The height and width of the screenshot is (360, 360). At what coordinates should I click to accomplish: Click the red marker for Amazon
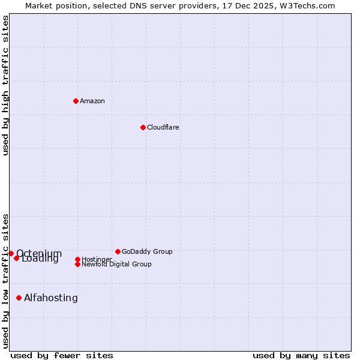pyautogui.click(x=76, y=101)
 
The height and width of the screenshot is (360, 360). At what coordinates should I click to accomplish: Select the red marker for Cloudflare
pyautogui.click(x=143, y=127)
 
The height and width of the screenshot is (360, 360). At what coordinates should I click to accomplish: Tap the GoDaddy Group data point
pyautogui.click(x=118, y=251)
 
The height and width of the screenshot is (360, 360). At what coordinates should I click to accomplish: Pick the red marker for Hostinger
pyautogui.click(x=77, y=259)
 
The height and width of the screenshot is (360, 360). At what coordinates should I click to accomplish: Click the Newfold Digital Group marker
pyautogui.click(x=77, y=264)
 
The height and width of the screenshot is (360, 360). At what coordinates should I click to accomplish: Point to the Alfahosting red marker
pyautogui.click(x=19, y=298)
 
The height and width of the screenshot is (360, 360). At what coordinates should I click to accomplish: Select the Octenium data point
pyautogui.click(x=11, y=253)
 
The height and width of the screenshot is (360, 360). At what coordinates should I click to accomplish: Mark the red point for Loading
pyautogui.click(x=17, y=258)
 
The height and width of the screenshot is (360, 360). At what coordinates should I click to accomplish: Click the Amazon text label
pyautogui.click(x=92, y=101)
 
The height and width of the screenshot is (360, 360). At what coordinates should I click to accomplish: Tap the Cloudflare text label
pyautogui.click(x=163, y=127)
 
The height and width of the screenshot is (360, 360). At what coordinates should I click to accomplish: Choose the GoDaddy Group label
pyautogui.click(x=147, y=251)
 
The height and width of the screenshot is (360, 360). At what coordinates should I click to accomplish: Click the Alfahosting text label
pyautogui.click(x=51, y=298)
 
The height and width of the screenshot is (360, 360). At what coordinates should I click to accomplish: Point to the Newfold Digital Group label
pyautogui.click(x=116, y=264)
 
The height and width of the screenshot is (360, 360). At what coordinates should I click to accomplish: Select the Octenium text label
pyautogui.click(x=39, y=253)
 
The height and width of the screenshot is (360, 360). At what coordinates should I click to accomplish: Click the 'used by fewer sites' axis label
pyautogui.click(x=62, y=355)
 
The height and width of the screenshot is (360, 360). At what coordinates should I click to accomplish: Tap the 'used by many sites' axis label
pyautogui.click(x=301, y=355)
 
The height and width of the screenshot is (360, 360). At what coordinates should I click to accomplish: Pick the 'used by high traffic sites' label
pyautogui.click(x=5, y=85)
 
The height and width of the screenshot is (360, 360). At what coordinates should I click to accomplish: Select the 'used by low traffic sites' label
pyautogui.click(x=5, y=280)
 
